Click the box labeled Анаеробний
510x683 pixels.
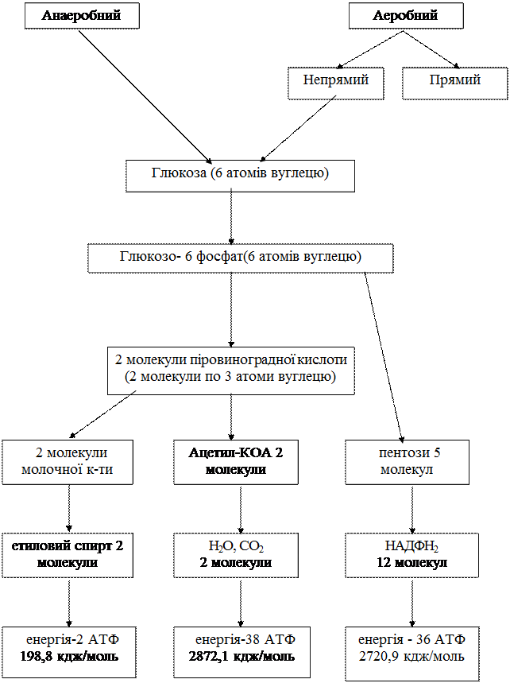(81, 16)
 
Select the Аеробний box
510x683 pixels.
(405, 16)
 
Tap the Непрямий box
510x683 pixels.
(335, 81)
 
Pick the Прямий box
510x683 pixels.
(454, 81)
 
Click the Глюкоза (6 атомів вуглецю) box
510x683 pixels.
(240, 173)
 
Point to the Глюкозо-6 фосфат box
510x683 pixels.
(240, 257)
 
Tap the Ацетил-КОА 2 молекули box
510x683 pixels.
(235, 461)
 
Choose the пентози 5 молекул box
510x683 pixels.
(407, 461)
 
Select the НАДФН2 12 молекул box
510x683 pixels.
(411, 554)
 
